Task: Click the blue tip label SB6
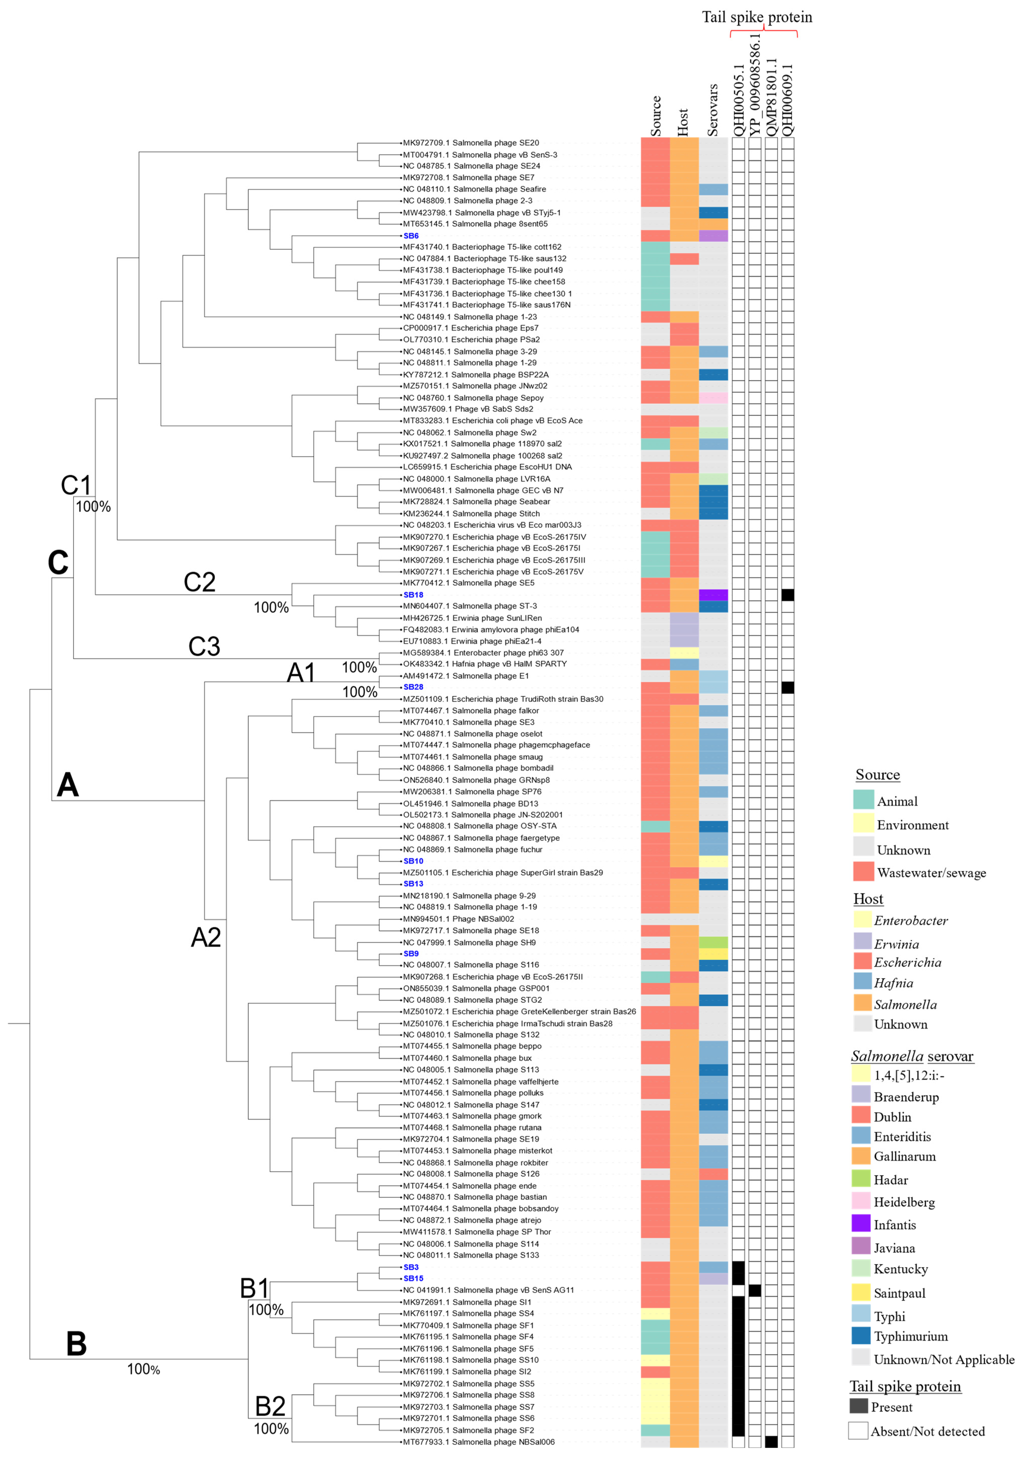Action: [411, 236]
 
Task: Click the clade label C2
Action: [199, 582]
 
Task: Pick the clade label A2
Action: [206, 937]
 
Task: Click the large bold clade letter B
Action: [76, 1344]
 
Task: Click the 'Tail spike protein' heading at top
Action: [757, 17]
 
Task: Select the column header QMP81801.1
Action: [771, 97]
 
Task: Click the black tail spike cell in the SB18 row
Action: [788, 595]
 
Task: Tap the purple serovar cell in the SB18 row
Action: [713, 595]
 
